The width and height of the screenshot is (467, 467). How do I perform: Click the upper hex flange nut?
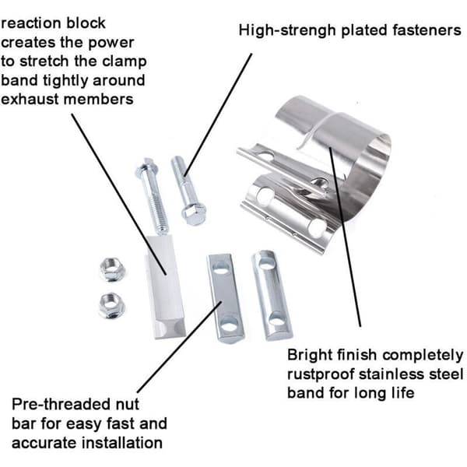(112, 269)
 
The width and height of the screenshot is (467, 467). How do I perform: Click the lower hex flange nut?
(111, 305)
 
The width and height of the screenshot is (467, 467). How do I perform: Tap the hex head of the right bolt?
(194, 213)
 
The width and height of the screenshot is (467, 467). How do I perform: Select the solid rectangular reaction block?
(165, 286)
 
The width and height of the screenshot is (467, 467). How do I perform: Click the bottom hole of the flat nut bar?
(230, 325)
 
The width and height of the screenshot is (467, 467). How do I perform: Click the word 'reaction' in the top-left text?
(31, 23)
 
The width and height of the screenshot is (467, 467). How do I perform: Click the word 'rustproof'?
(321, 374)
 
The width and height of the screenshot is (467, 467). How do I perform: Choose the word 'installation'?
(122, 443)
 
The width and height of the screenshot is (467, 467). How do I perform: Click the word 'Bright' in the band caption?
(310, 356)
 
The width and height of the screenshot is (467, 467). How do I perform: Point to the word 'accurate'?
(44, 443)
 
